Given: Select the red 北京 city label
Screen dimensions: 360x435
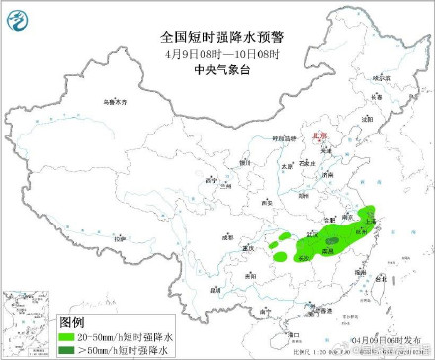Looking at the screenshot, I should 317,141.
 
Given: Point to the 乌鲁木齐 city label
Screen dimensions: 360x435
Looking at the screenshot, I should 117,102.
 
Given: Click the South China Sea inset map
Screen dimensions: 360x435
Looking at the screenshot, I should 29,322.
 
